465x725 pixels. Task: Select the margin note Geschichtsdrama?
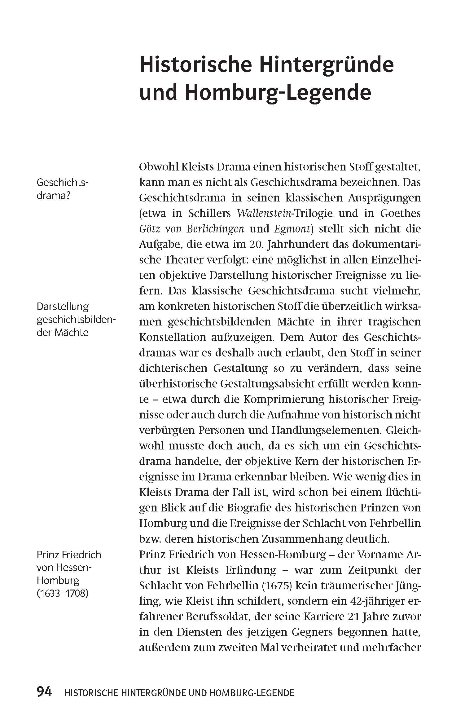[x=62, y=189]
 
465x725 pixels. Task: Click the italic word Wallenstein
[x=262, y=213]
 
